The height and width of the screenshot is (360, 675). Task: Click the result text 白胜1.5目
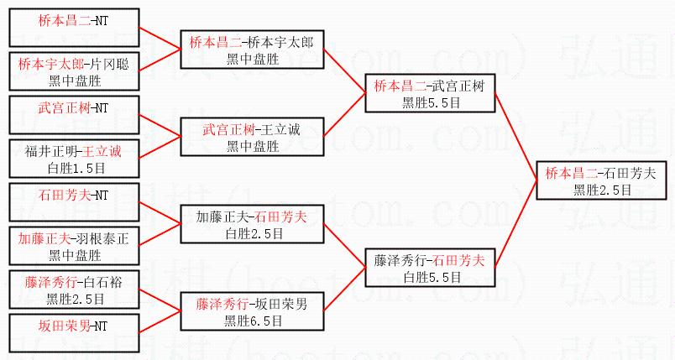click(74, 168)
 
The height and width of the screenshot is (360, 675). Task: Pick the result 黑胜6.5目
click(253, 320)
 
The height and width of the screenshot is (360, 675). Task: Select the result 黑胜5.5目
click(431, 102)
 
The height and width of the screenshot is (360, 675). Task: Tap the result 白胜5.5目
click(431, 276)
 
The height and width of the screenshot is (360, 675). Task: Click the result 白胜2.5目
click(253, 232)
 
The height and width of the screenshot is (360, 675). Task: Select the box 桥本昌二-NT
click(73, 23)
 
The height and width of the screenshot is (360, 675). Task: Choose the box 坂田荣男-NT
click(73, 326)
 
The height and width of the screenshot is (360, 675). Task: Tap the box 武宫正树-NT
click(73, 108)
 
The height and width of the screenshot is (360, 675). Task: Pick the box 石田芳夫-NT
click(73, 196)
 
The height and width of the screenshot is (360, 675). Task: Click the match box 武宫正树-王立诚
click(253, 138)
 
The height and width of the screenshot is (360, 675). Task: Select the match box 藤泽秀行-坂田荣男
click(253, 310)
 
